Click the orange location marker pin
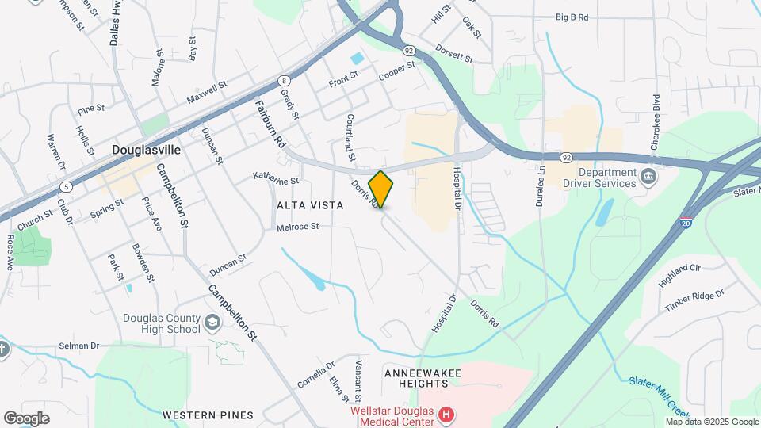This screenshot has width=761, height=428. [x=381, y=189]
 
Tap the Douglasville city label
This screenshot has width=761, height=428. [x=147, y=149]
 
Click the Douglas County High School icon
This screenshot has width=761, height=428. [x=212, y=322]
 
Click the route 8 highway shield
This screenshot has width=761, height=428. [x=284, y=80]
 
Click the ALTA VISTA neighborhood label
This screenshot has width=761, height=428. [x=310, y=205]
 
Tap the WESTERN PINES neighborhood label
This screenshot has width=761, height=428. [x=208, y=415]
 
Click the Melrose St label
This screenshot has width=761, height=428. [x=297, y=227]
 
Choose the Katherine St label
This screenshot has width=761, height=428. [x=275, y=179]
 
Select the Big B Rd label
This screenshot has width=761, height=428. [x=572, y=17]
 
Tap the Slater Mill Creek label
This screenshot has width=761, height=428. [x=657, y=393]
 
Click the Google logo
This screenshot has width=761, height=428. [x=26, y=418]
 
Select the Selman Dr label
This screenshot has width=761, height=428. [x=78, y=346]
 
